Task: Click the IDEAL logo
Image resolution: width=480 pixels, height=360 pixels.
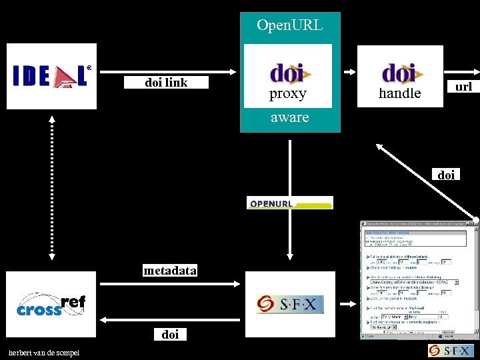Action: pyautogui.click(x=51, y=76)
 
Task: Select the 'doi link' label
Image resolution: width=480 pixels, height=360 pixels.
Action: pyautogui.click(x=166, y=83)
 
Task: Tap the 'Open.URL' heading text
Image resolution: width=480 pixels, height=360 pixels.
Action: pyautogui.click(x=289, y=25)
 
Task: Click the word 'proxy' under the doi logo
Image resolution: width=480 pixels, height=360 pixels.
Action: pyautogui.click(x=287, y=94)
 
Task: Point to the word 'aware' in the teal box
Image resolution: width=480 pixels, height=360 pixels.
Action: pyautogui.click(x=289, y=117)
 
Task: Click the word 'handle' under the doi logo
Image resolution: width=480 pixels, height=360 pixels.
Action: pyautogui.click(x=399, y=94)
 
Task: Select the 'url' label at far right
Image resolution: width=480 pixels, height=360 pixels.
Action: pyautogui.click(x=463, y=87)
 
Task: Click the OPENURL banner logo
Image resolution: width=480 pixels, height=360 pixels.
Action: pyautogui.click(x=289, y=203)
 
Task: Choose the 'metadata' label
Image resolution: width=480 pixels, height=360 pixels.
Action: pyautogui.click(x=170, y=271)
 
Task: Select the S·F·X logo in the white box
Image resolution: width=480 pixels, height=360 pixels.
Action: pyautogui.click(x=289, y=305)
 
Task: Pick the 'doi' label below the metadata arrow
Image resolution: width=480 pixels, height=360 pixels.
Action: pyautogui.click(x=170, y=335)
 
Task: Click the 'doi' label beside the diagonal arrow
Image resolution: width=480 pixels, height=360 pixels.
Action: pyautogui.click(x=446, y=175)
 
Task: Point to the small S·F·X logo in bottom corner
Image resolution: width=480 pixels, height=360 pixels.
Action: pyautogui.click(x=451, y=351)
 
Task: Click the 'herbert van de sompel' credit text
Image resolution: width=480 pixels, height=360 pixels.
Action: pyautogui.click(x=43, y=353)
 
